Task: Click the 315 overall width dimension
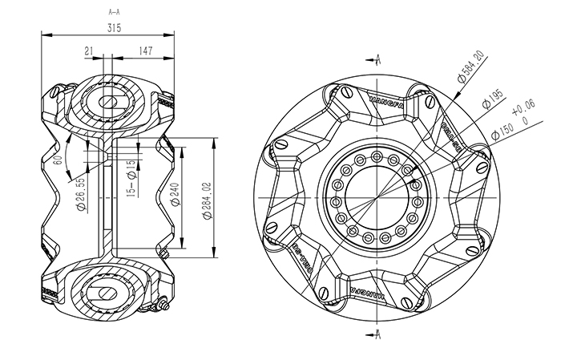113,27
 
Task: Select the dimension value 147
145,51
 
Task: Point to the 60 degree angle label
58,159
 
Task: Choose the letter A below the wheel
377,331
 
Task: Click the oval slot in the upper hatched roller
107,103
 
